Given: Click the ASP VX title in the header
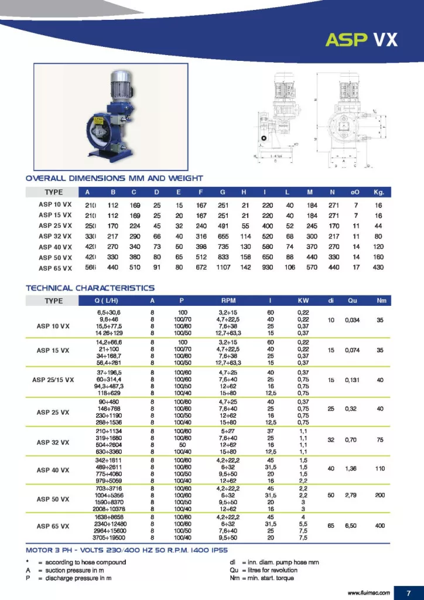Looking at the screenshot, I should (361, 39).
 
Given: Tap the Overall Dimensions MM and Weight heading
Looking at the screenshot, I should (114, 178).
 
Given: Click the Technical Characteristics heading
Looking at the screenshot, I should (90, 288).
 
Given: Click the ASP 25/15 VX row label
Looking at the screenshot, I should (53, 380).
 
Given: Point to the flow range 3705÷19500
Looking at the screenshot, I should (105, 537).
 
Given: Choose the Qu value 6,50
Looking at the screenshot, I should (352, 526).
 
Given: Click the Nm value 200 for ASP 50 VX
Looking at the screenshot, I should (381, 495).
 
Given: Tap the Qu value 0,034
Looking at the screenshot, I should (352, 320).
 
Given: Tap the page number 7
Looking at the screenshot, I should (409, 591).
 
